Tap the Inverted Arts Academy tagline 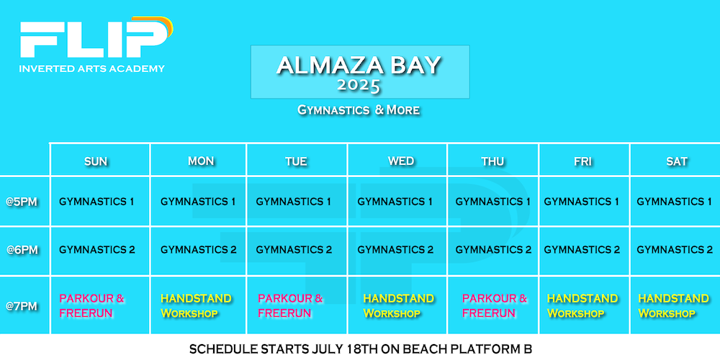(92, 69)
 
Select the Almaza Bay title (359, 66)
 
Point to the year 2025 (359, 86)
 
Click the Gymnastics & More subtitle (359, 110)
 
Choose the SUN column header (96, 161)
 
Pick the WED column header (401, 161)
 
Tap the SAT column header (677, 161)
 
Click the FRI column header (582, 161)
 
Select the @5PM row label (22, 202)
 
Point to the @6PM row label (22, 251)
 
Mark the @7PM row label (22, 306)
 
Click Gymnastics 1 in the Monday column (198, 202)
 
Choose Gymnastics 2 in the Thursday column (493, 251)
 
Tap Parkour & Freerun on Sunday (92, 306)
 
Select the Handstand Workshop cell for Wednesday (399, 306)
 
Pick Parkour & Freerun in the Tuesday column (290, 306)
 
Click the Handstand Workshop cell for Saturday (674, 306)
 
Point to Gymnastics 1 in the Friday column (581, 202)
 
